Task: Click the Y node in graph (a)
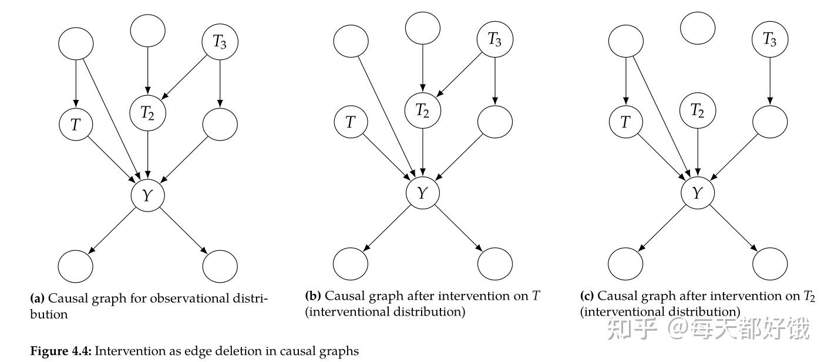coord(147,195)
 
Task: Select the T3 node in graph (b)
coord(495,39)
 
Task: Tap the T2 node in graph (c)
coord(698,110)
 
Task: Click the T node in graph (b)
coord(351,122)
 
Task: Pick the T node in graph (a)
coord(76,125)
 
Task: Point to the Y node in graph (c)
coord(698,193)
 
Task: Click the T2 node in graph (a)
coord(147,113)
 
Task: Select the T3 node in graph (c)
coord(770,39)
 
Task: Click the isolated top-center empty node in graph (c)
coord(698,28)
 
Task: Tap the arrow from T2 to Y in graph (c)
coord(698,152)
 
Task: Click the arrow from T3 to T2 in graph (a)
coord(184,77)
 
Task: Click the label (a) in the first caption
coord(37,299)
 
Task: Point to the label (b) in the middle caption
coord(313,296)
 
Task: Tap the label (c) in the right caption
coord(587,296)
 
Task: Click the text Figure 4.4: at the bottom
coord(61,351)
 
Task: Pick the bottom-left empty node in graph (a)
coord(75,266)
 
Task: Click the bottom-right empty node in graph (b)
coord(495,264)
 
